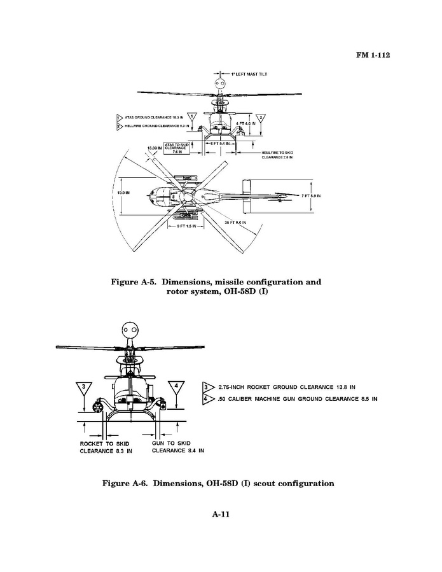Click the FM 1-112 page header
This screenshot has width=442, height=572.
point(371,55)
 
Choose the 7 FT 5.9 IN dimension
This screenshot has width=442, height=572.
point(310,196)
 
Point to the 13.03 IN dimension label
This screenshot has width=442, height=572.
point(155,148)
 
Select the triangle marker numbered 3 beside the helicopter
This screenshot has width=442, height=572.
point(86,389)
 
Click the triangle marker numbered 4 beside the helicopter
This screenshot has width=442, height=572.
point(176,389)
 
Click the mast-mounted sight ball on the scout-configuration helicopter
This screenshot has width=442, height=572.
point(130,331)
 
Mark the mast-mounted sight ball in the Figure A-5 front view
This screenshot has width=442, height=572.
point(220,84)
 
